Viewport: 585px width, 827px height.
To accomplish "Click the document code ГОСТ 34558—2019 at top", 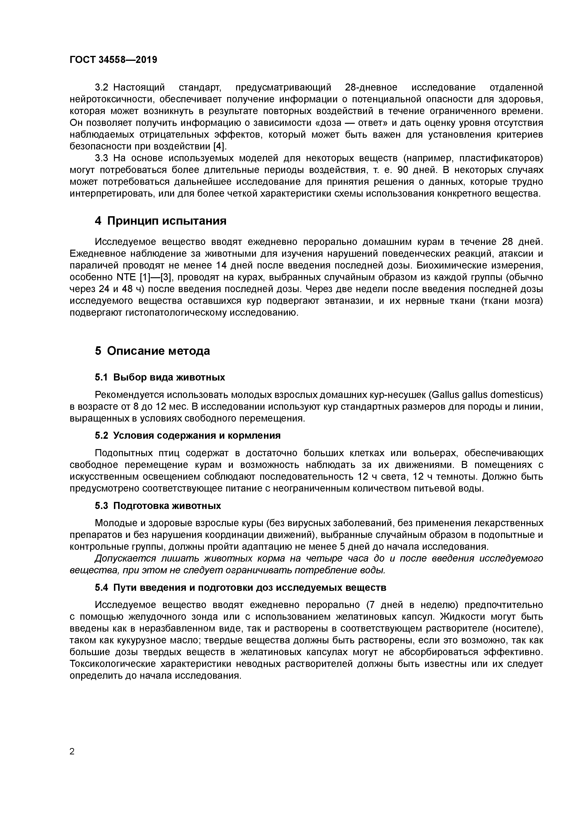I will [x=113, y=60].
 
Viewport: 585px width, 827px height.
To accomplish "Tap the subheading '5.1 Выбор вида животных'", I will [x=160, y=377].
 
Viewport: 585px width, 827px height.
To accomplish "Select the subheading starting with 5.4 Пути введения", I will [x=240, y=587].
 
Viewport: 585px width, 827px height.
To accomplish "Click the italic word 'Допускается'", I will [x=125, y=558].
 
